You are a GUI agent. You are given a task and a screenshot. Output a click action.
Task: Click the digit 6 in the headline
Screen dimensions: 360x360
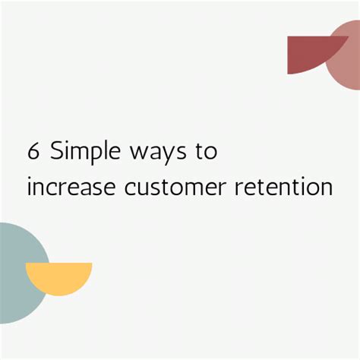coord(33,151)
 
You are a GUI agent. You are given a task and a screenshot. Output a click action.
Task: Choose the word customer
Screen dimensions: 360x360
coord(164,187)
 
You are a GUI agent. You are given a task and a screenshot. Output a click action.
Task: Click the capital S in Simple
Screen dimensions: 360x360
coord(57,151)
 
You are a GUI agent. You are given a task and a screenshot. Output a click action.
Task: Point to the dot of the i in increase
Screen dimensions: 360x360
coord(29,176)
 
